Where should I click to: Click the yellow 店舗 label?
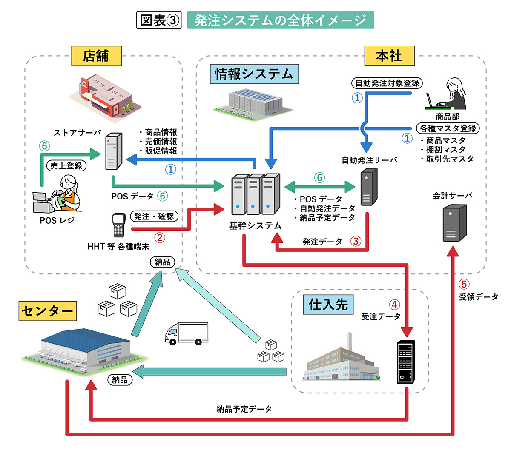(x=96, y=56)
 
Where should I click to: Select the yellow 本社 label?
(x=389, y=56)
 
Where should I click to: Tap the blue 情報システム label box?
(x=254, y=74)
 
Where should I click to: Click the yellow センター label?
(x=47, y=310)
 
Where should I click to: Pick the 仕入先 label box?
(x=328, y=304)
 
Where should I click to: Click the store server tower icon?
(x=113, y=151)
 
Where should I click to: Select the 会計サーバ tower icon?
(x=454, y=223)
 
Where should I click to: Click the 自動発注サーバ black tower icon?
(x=368, y=187)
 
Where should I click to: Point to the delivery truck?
(x=187, y=333)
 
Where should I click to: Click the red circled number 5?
(x=464, y=284)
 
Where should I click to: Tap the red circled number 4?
(x=394, y=305)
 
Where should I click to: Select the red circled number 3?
(x=356, y=242)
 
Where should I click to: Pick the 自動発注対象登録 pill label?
(x=388, y=83)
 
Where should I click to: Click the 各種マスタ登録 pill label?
(x=448, y=128)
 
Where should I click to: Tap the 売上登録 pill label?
(x=66, y=166)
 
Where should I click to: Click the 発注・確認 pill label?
(x=154, y=216)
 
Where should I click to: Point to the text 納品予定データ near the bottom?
(x=244, y=409)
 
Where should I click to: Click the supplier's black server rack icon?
(x=406, y=362)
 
